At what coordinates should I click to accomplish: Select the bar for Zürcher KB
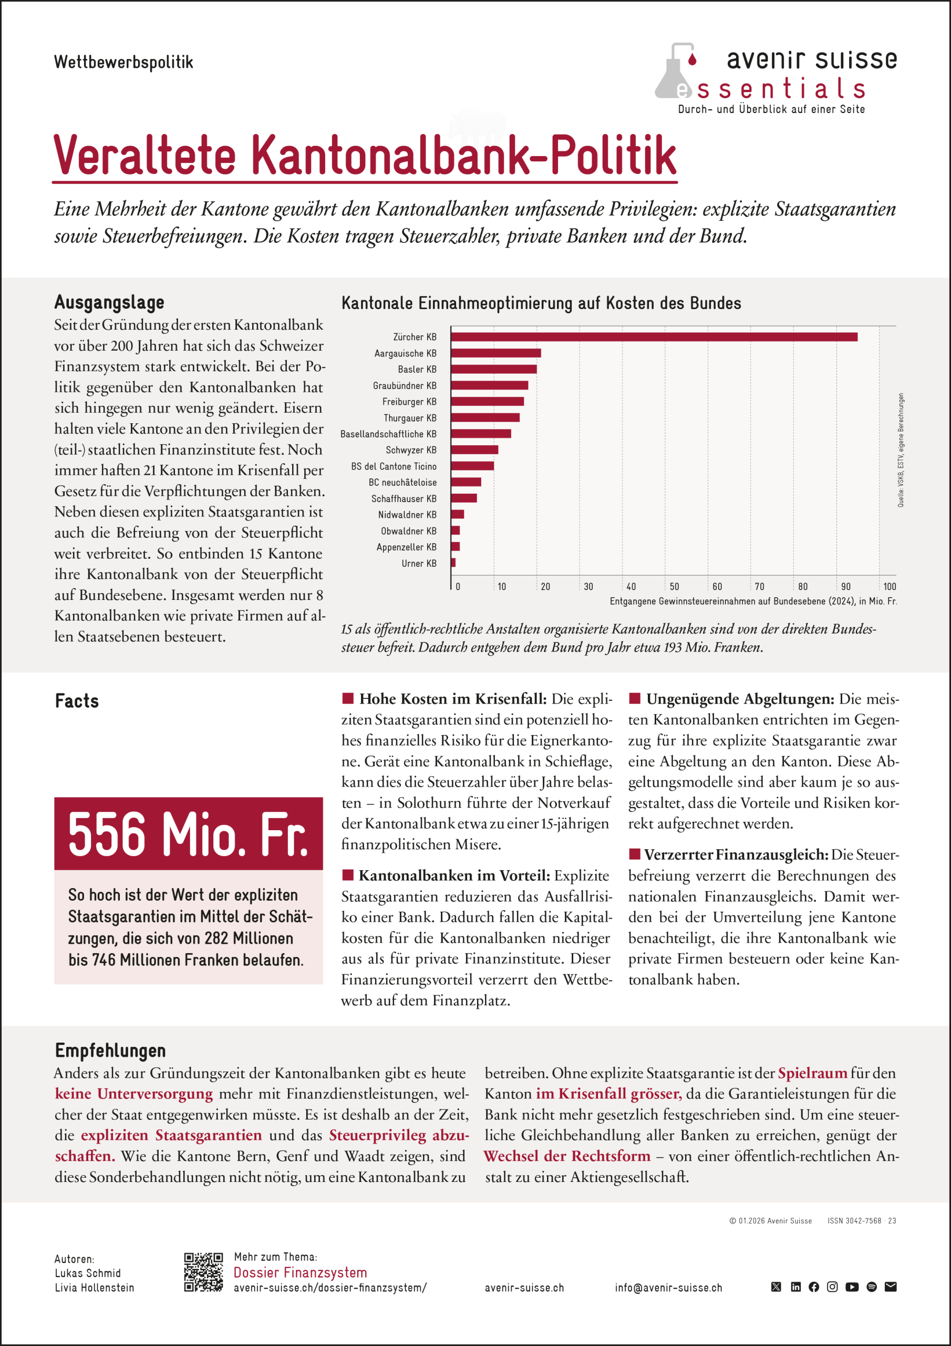coord(653,337)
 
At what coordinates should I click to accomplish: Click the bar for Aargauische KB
coord(495,353)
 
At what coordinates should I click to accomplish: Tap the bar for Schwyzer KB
coord(474,450)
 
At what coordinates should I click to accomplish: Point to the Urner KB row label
coord(419,563)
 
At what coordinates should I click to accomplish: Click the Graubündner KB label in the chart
coord(405,386)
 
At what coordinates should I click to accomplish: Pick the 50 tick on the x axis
coord(675,586)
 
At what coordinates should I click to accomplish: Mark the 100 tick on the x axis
coord(890,586)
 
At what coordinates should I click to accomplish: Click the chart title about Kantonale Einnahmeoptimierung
coord(541,303)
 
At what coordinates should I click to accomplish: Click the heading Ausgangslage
coord(109,302)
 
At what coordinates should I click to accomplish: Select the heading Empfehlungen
coord(110,1050)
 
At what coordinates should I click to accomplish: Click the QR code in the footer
coord(203,1273)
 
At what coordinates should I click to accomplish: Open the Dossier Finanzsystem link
coord(300,1273)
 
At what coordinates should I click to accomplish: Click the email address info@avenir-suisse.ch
coord(668,1288)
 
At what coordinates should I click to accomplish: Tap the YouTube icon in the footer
coord(852,1287)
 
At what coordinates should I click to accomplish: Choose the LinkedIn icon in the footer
coord(795,1287)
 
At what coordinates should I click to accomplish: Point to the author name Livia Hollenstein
coord(95,1288)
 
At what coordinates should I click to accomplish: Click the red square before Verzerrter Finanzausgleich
coord(634,853)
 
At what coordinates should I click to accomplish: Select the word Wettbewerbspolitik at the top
coord(123,62)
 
